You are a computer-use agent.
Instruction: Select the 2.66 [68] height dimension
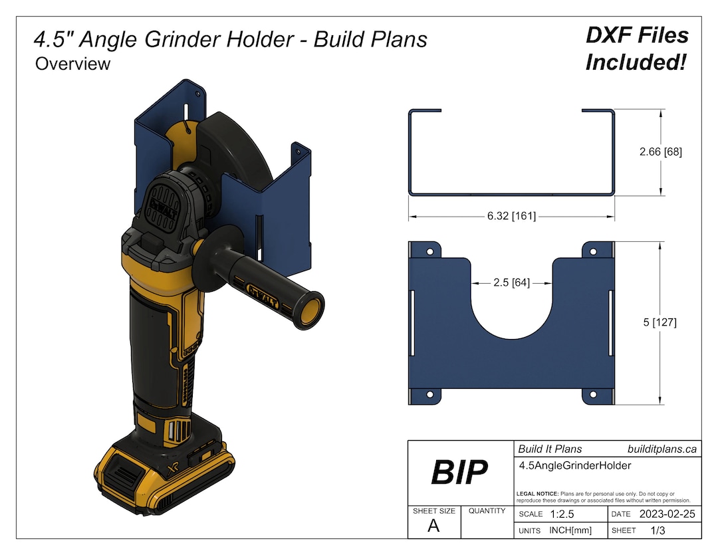coord(660,152)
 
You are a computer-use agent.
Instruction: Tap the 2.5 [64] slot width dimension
coord(511,282)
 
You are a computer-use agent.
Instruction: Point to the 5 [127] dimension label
coord(660,322)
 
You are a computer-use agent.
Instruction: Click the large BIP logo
coord(459,472)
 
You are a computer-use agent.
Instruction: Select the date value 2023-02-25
coord(667,514)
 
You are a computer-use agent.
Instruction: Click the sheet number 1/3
coord(658,530)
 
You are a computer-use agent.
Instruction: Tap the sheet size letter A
coord(433,527)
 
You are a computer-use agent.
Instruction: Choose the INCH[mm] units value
coord(570,530)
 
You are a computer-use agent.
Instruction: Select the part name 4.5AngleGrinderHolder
coord(574,466)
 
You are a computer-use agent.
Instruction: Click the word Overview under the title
coord(72,64)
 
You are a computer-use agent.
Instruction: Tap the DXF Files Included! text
coord(636,49)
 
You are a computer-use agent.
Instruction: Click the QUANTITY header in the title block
coord(487,511)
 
